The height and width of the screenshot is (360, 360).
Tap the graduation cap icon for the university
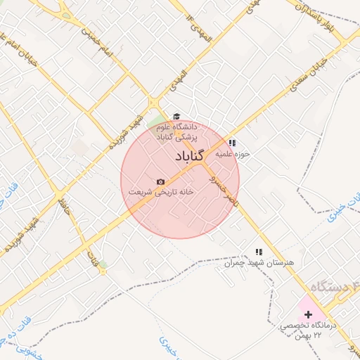(176, 117)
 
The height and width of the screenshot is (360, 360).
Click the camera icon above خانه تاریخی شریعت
(160, 181)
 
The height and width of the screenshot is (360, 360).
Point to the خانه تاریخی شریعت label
(160, 191)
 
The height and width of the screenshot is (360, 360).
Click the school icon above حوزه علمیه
(233, 143)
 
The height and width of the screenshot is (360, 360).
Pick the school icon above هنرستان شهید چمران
(258, 252)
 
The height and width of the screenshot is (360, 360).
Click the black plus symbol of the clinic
(308, 314)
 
